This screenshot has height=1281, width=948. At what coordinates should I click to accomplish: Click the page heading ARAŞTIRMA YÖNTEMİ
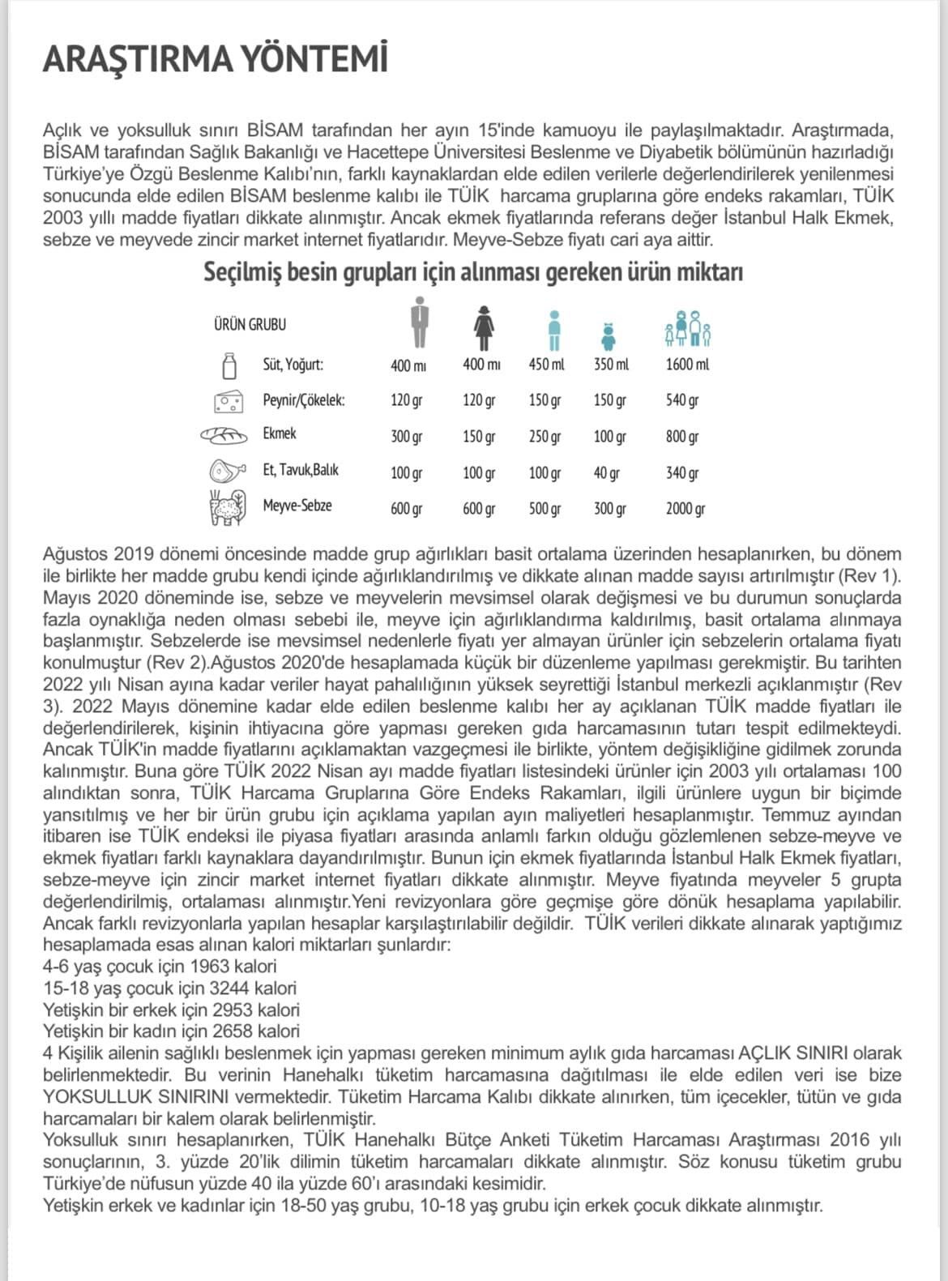(x=215, y=59)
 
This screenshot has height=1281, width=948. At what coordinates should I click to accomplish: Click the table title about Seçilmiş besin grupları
(x=473, y=272)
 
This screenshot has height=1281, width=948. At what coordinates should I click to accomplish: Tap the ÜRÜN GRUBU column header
(x=250, y=324)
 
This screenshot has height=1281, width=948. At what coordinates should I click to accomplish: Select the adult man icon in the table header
(x=418, y=323)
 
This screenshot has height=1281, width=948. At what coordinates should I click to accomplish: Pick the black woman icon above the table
(x=484, y=327)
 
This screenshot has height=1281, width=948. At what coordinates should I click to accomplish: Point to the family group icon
(x=688, y=329)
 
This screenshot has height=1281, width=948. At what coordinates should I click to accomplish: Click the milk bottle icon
(x=229, y=365)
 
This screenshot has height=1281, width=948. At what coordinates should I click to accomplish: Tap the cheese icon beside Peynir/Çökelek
(x=228, y=401)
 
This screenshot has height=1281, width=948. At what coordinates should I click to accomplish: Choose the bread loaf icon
(x=224, y=436)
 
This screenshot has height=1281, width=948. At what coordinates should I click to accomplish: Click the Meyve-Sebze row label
(x=297, y=506)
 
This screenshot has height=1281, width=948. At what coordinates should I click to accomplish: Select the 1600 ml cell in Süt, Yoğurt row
(x=687, y=365)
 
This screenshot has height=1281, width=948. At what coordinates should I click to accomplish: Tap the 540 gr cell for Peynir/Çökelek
(x=682, y=400)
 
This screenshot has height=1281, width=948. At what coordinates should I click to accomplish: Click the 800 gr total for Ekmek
(x=682, y=437)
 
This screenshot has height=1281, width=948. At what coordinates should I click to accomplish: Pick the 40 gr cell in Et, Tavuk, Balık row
(x=606, y=473)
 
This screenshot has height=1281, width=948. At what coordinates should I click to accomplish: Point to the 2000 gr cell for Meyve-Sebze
(x=685, y=509)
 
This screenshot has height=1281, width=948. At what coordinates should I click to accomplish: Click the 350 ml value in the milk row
(x=611, y=365)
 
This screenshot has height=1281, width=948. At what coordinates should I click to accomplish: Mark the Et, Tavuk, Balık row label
(x=300, y=470)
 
